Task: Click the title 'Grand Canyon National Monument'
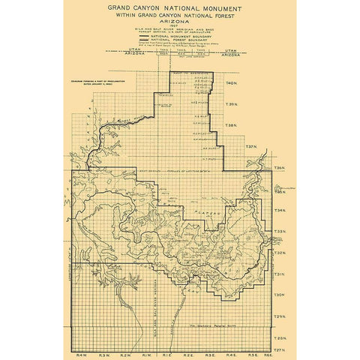click(179, 13)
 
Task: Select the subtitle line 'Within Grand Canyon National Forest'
click(179, 22)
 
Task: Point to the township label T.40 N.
click(232, 82)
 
